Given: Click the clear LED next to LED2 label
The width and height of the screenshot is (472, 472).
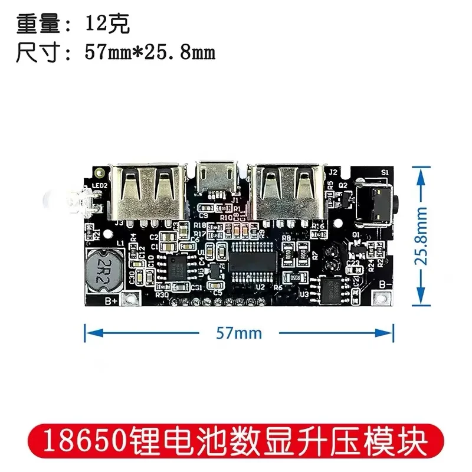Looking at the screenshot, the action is point(79,204).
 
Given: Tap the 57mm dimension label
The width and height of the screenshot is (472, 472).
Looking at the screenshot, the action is point(239,333).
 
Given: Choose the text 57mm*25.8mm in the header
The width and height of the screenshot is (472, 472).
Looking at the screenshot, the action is point(150,53).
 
